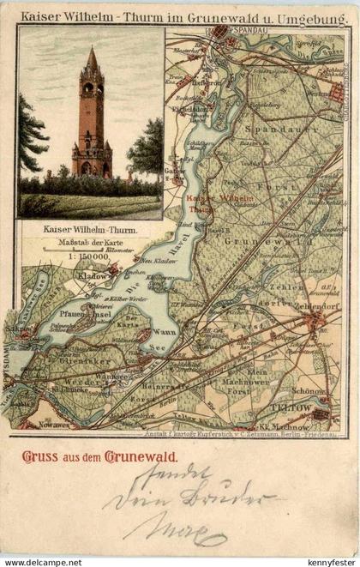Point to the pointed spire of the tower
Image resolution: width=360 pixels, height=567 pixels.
click(x=92, y=58)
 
